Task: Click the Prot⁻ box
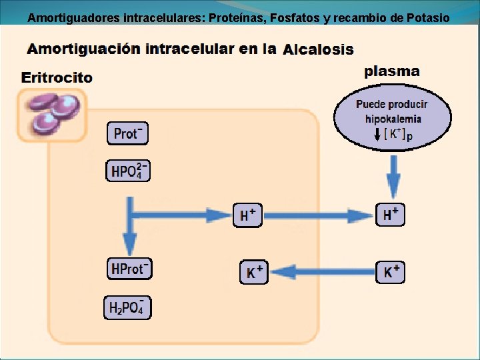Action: point(127,133)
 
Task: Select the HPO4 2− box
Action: point(128,171)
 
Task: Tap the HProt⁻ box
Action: point(129,269)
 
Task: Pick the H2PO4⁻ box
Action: point(127,307)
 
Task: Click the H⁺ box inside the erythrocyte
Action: point(247,215)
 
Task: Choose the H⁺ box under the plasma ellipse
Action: point(391,215)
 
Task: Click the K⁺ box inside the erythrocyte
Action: point(253,272)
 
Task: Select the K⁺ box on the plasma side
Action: point(391,271)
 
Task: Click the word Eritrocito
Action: point(57,77)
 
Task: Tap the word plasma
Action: point(392,71)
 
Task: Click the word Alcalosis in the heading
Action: point(319,50)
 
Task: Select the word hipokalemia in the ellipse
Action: point(393,119)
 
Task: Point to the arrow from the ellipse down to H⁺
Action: point(393,177)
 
